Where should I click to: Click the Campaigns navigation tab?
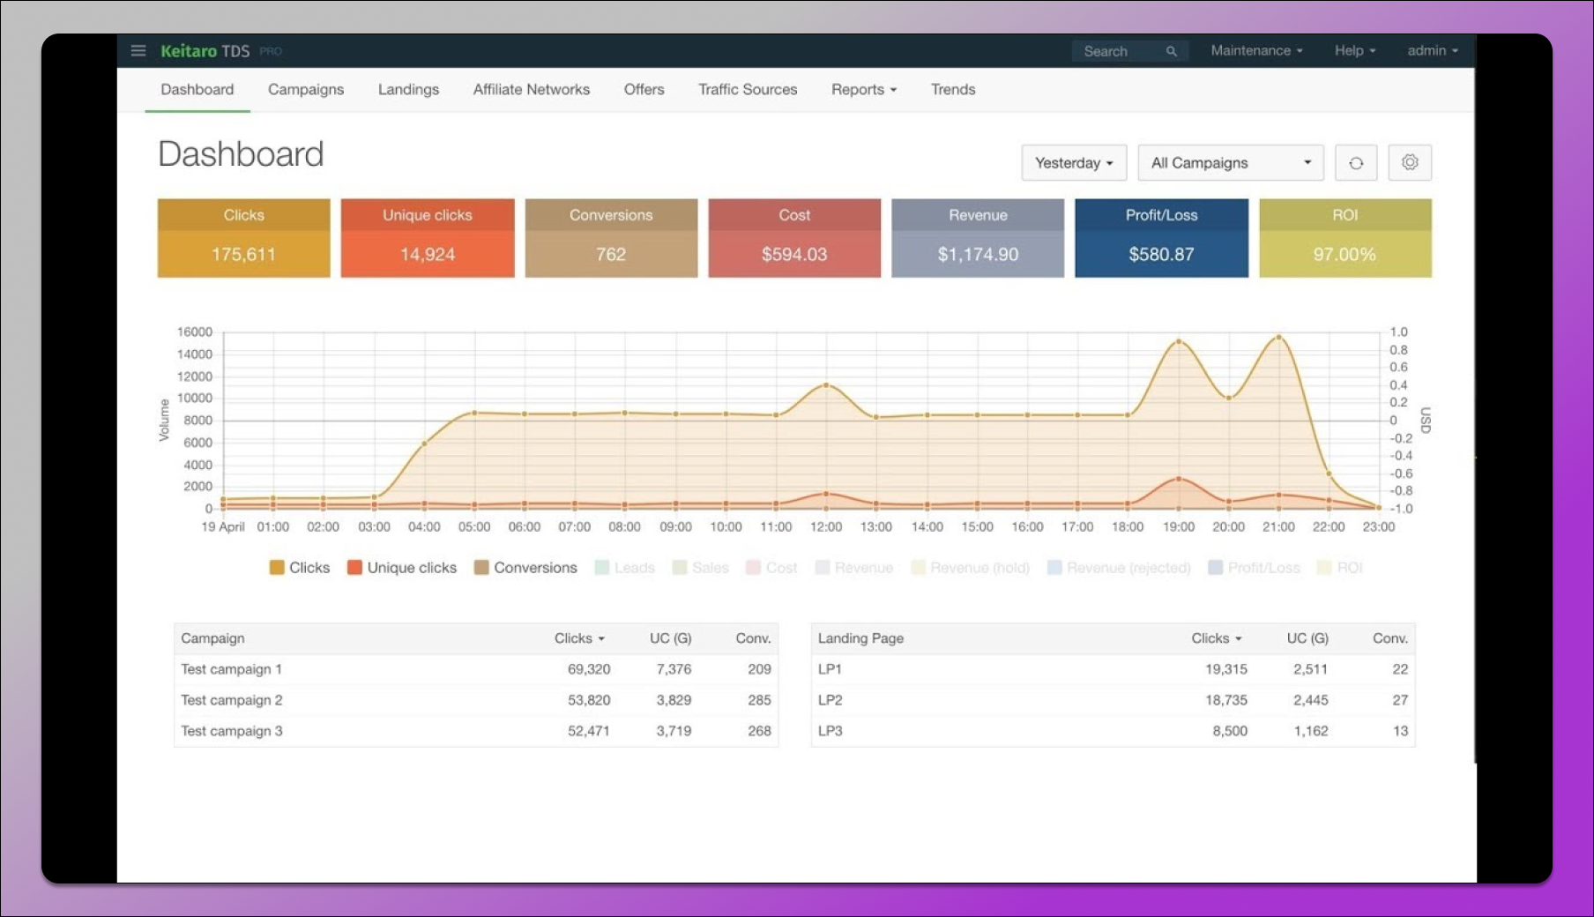point(306,90)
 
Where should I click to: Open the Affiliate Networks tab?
point(531,90)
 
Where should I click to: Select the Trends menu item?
point(953,90)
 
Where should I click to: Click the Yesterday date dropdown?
point(1074,163)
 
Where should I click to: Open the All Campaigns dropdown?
point(1231,163)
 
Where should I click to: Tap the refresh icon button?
point(1356,163)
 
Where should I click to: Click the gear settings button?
point(1410,163)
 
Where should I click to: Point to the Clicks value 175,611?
point(243,255)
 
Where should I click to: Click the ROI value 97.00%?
point(1344,255)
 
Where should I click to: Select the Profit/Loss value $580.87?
point(1161,255)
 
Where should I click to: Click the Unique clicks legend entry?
point(402,568)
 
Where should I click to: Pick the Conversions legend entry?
point(525,568)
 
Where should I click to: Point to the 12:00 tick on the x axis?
point(826,527)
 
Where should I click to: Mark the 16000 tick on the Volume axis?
point(195,332)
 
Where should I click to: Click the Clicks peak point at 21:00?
point(1278,337)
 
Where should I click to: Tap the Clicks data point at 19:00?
point(1179,342)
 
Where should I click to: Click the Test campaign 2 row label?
point(232,700)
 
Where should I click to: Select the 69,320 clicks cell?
point(589,669)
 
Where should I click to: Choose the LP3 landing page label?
point(831,731)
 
